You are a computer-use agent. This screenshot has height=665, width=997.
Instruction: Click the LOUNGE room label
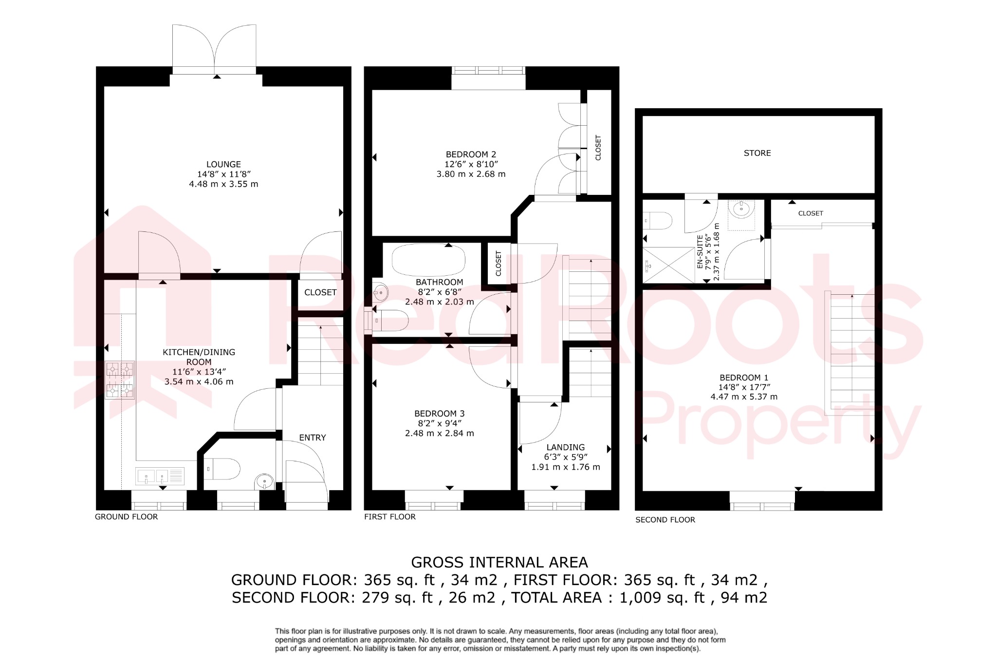coord(223,165)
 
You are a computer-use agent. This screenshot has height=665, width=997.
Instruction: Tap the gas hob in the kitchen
coord(119,380)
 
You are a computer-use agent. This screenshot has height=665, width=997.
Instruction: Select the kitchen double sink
coord(160,476)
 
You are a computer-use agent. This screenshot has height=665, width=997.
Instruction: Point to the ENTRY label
coord(313,437)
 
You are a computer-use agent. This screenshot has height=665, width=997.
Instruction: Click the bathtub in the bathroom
coord(428,260)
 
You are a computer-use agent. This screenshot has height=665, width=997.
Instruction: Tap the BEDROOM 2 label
coord(471,154)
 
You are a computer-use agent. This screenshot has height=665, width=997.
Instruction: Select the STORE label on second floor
coord(757,153)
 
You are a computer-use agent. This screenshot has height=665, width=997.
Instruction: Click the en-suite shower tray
coord(668,265)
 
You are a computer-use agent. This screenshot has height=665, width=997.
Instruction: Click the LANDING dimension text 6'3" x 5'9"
coord(566,457)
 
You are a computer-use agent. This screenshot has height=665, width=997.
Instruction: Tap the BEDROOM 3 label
coord(439,414)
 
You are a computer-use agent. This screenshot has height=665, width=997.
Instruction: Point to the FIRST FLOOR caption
coord(389,517)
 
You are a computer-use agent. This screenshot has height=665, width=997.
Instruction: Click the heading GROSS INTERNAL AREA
coord(499,562)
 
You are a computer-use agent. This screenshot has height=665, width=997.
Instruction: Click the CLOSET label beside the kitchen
coord(320,292)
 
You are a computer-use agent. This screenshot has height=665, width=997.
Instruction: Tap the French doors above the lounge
coord(214,49)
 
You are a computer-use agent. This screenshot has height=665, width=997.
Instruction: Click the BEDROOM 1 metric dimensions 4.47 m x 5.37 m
coord(743,397)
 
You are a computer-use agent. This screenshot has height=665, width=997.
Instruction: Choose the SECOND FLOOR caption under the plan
coord(665,520)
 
